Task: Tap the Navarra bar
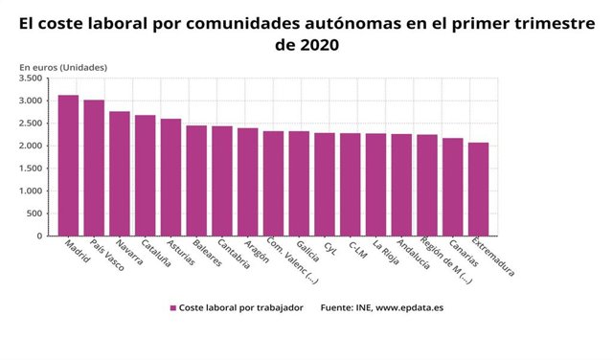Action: pyautogui.click(x=120, y=173)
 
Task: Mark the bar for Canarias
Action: pyautogui.click(x=453, y=187)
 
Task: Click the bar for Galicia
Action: pyautogui.click(x=299, y=183)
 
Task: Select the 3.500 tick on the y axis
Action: pyautogui.click(x=31, y=79)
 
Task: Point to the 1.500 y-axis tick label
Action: pyautogui.click(x=31, y=169)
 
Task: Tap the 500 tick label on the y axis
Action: pyautogui.click(x=34, y=214)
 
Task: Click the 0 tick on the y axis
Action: pyautogui.click(x=39, y=236)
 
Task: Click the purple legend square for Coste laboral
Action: pyautogui.click(x=173, y=308)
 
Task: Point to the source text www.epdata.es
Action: pyautogui.click(x=402, y=308)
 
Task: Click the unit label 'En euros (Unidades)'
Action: pyautogui.click(x=63, y=66)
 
